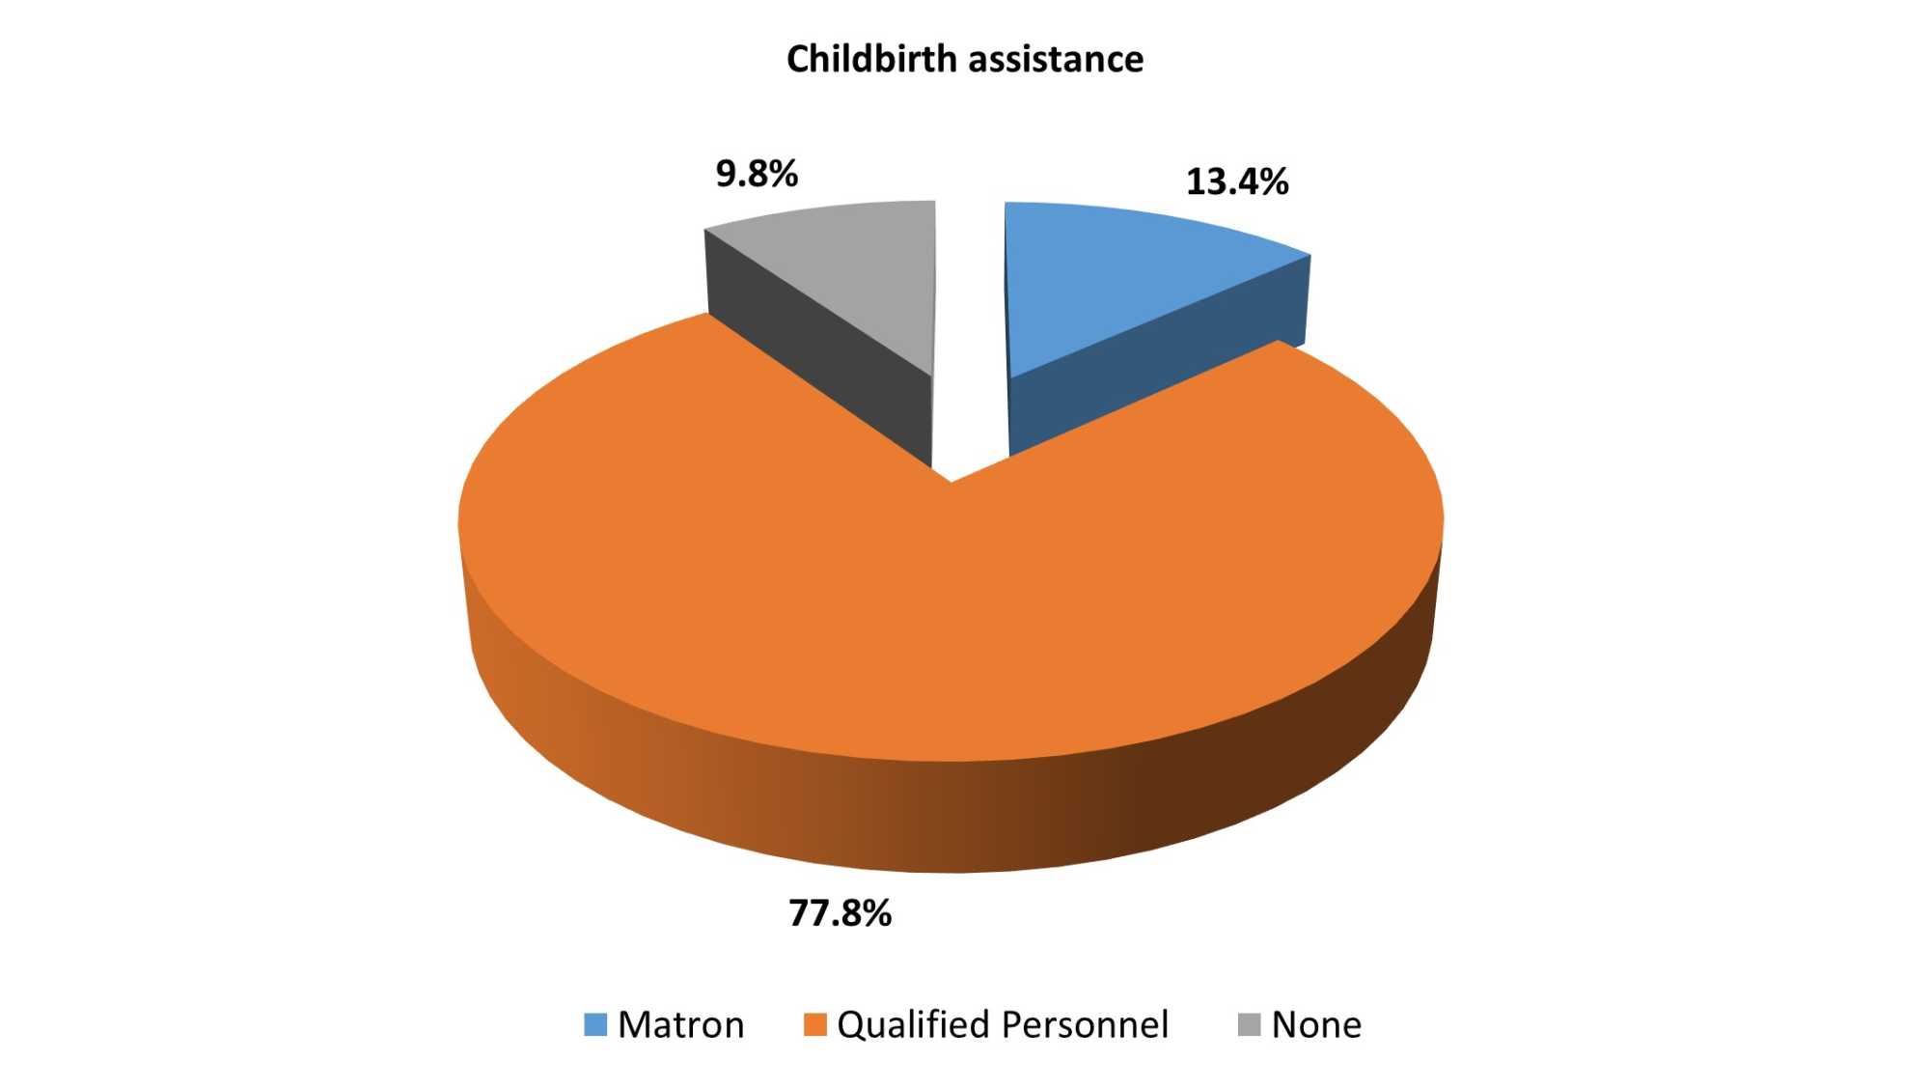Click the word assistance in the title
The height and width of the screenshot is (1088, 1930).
(1057, 59)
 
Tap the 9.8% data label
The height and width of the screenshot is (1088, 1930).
(757, 174)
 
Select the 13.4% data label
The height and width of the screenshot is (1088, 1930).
(1236, 181)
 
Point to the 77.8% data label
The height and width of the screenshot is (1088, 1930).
(840, 912)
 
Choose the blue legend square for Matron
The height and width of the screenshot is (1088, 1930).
(595, 1024)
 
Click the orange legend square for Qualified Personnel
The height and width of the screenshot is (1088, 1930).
(815, 1024)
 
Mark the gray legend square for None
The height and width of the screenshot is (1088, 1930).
(1250, 1024)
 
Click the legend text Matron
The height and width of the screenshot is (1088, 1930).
(680, 1024)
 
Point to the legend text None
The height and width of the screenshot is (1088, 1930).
(1316, 1024)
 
